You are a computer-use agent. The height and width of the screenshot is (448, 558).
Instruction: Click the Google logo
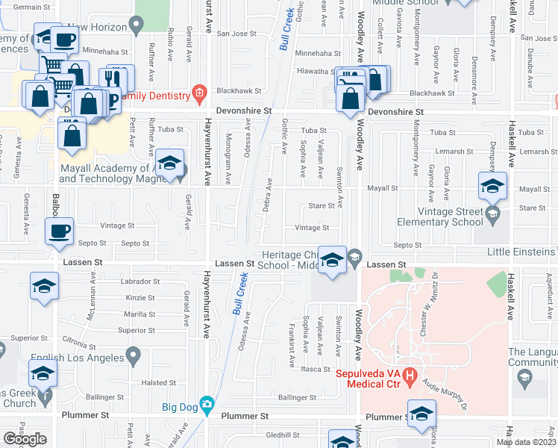(x=25, y=439)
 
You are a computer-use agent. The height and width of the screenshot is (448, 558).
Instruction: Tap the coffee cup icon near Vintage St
(x=59, y=229)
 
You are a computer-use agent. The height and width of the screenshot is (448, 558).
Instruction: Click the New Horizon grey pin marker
(x=136, y=27)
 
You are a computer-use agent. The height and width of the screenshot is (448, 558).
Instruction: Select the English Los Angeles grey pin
(x=134, y=354)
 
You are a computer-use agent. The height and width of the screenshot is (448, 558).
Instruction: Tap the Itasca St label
(x=316, y=369)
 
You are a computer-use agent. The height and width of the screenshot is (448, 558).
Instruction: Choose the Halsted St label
(x=158, y=383)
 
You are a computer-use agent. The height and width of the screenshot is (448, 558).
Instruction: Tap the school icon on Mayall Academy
(x=170, y=167)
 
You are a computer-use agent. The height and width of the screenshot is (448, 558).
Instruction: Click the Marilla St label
(x=141, y=314)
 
